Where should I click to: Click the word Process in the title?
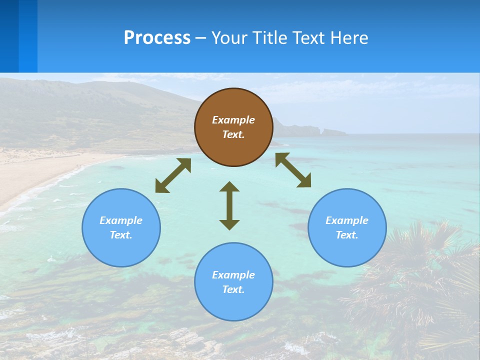click(157, 38)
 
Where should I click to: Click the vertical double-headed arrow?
click(229, 205)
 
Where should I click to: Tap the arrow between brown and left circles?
click(173, 175)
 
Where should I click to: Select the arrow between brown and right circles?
click(293, 170)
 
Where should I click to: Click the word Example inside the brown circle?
click(233, 120)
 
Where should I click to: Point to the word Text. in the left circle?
click(121, 235)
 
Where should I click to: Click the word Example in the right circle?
click(347, 220)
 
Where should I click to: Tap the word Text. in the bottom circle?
click(233, 289)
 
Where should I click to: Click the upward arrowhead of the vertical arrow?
click(229, 186)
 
